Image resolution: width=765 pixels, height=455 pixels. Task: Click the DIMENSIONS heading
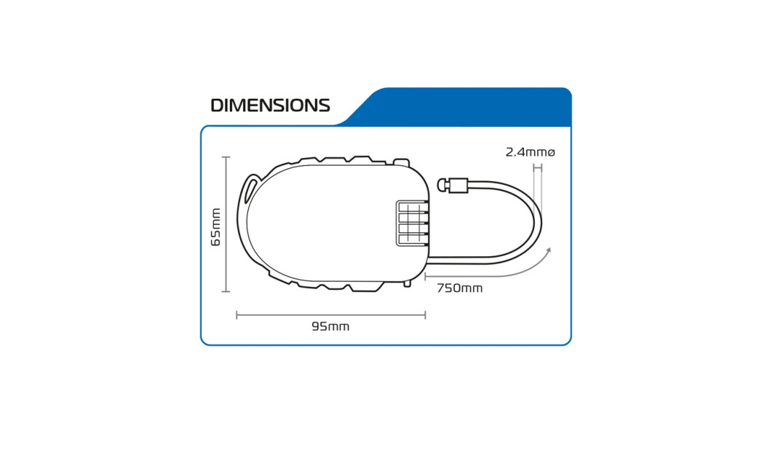[270, 106]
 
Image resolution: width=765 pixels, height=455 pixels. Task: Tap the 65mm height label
[215, 227]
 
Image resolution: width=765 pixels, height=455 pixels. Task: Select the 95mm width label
[330, 327]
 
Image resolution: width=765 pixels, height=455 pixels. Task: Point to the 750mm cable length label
[459, 288]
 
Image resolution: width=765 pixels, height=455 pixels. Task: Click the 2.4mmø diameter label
[531, 152]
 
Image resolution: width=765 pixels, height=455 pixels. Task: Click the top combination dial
[413, 208]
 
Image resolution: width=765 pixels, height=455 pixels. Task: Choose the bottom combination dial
[413, 240]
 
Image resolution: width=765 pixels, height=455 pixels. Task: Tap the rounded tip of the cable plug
[443, 186]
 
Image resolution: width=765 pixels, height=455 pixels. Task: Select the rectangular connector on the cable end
[458, 186]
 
